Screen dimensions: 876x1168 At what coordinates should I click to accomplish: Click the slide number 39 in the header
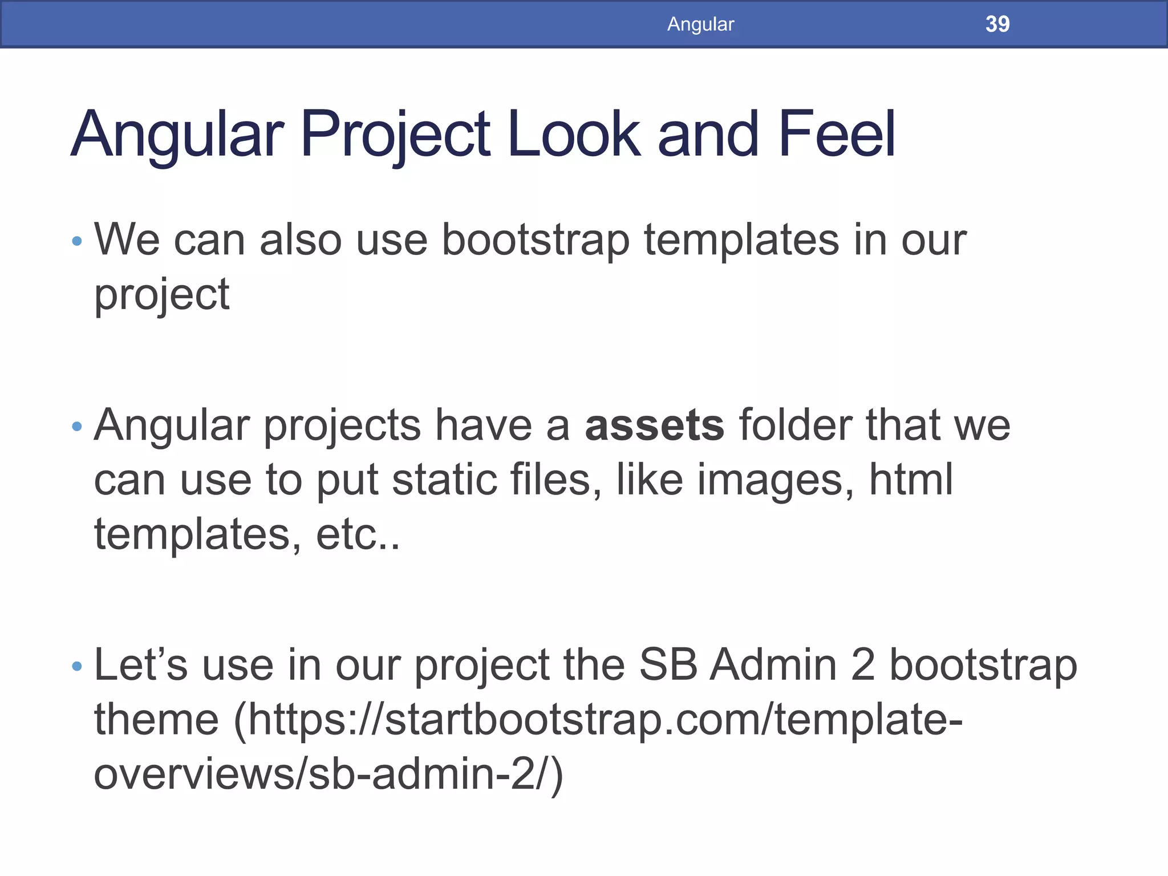pyautogui.click(x=997, y=24)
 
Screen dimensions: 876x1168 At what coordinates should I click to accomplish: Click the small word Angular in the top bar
pyautogui.click(x=700, y=24)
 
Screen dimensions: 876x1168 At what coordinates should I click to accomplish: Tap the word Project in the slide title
pyautogui.click(x=395, y=135)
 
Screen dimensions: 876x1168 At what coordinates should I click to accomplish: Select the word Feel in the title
pyautogui.click(x=837, y=135)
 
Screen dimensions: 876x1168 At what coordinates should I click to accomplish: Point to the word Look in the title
pyautogui.click(x=573, y=135)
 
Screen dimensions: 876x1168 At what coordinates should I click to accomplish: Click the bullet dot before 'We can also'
pyautogui.click(x=78, y=241)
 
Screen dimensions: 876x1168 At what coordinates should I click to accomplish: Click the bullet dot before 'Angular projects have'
pyautogui.click(x=78, y=426)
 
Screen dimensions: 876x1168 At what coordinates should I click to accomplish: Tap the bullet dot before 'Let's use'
pyautogui.click(x=78, y=666)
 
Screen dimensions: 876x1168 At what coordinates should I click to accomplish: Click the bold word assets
pyautogui.click(x=655, y=425)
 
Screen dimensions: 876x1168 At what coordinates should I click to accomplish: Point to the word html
pyautogui.click(x=911, y=480)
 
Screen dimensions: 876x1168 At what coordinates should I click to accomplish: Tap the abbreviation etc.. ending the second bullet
pyautogui.click(x=358, y=534)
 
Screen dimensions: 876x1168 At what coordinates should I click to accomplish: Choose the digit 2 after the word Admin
pyautogui.click(x=862, y=665)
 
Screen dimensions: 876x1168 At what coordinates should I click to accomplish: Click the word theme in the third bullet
pyautogui.click(x=156, y=720)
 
